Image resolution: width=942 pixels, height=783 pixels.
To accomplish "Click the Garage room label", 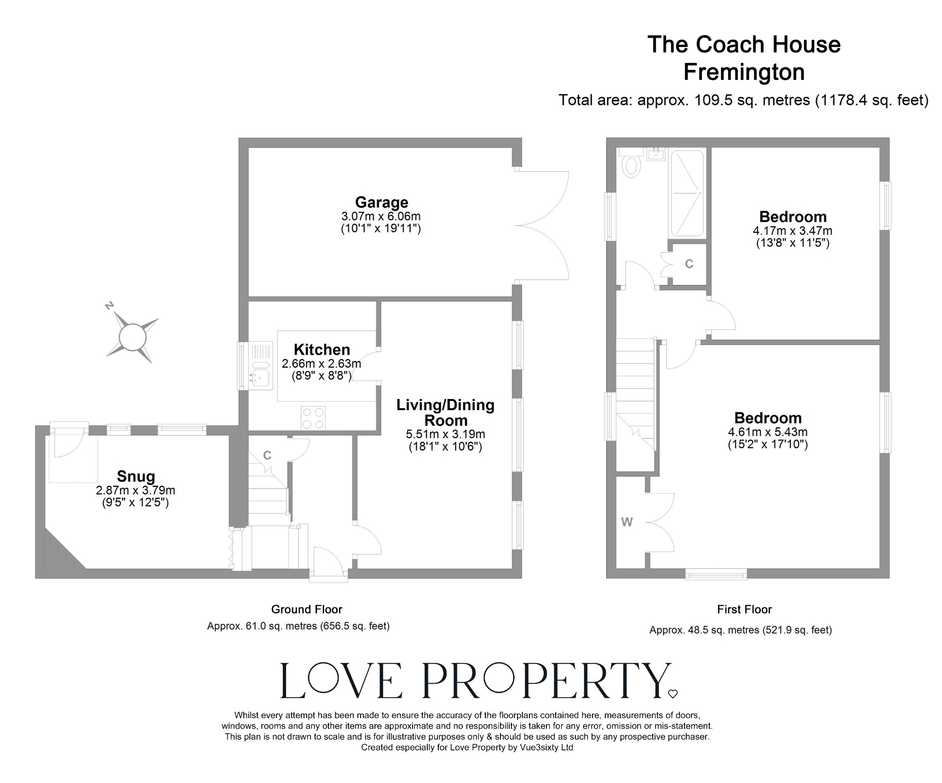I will tap(381, 202).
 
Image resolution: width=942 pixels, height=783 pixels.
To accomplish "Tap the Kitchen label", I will tap(322, 349).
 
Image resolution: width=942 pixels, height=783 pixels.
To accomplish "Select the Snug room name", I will tap(136, 476).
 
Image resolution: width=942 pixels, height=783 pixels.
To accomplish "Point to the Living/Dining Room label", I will tap(445, 412).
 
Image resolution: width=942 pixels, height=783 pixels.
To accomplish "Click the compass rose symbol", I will tap(132, 337).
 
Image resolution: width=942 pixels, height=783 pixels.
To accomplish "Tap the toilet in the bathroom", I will tap(632, 166).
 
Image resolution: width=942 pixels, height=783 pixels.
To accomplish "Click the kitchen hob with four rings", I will tap(313, 418).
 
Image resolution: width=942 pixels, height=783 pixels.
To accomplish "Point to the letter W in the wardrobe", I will tap(627, 522).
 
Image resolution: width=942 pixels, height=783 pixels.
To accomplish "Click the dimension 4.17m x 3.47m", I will tap(793, 230).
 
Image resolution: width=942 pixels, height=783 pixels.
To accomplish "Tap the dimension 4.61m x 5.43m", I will tap(768, 432).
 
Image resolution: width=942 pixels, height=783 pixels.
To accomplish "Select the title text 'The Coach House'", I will tap(744, 45).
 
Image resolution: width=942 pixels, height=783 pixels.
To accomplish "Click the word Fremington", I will tap(744, 72).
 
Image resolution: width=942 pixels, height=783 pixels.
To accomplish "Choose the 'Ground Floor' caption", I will tap(306, 609).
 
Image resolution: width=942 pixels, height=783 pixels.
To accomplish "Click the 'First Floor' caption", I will tap(744, 609).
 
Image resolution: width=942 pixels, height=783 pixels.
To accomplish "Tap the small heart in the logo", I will tap(672, 694).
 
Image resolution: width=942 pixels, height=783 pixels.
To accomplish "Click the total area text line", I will tap(743, 100).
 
